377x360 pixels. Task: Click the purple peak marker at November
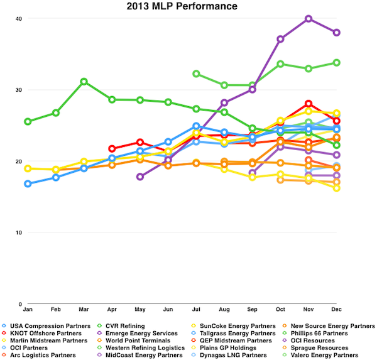pyautogui.click(x=309, y=19)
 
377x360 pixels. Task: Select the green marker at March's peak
pyautogui.click(x=84, y=82)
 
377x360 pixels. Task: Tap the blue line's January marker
pyautogui.click(x=28, y=183)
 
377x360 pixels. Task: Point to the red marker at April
pyautogui.click(x=112, y=149)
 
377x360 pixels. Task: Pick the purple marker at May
pyautogui.click(x=140, y=177)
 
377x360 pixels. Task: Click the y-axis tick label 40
pyautogui.click(x=19, y=19)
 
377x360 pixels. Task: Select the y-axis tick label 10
pyautogui.click(x=19, y=233)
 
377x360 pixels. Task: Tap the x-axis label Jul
pyautogui.click(x=196, y=310)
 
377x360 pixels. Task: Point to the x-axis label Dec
pyautogui.click(x=337, y=310)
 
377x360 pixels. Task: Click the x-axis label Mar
pyautogui.click(x=84, y=310)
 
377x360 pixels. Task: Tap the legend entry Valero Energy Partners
pyautogui.click(x=330, y=355)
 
